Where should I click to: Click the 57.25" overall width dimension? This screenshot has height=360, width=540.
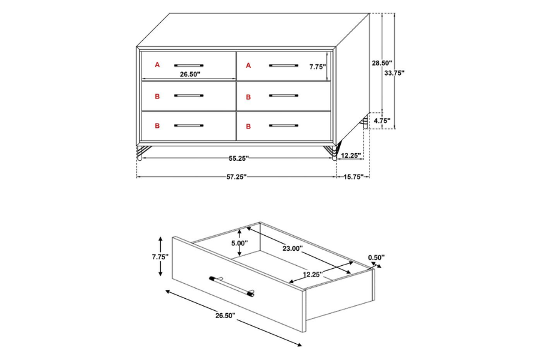click(236, 177)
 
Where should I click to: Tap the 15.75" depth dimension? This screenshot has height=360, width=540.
click(353, 177)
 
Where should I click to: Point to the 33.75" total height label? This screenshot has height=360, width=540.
click(394, 73)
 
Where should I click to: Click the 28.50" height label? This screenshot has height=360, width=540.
click(382, 62)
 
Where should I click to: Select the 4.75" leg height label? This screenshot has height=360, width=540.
click(382, 121)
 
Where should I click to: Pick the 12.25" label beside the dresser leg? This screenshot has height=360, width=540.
click(350, 155)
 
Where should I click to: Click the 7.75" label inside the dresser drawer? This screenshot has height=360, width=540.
click(317, 67)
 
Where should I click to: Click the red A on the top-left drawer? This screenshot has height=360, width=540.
click(157, 64)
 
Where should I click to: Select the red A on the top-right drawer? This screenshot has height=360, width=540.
click(248, 64)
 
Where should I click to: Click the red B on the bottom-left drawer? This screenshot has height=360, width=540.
click(157, 126)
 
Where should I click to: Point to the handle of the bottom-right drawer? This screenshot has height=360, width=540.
click(283, 125)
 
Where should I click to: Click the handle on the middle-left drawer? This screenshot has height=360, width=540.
click(189, 95)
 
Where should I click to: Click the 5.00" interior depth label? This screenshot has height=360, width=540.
click(239, 244)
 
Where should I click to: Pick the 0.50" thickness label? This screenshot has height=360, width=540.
click(376, 257)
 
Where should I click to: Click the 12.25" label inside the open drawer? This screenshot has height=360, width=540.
click(313, 274)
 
